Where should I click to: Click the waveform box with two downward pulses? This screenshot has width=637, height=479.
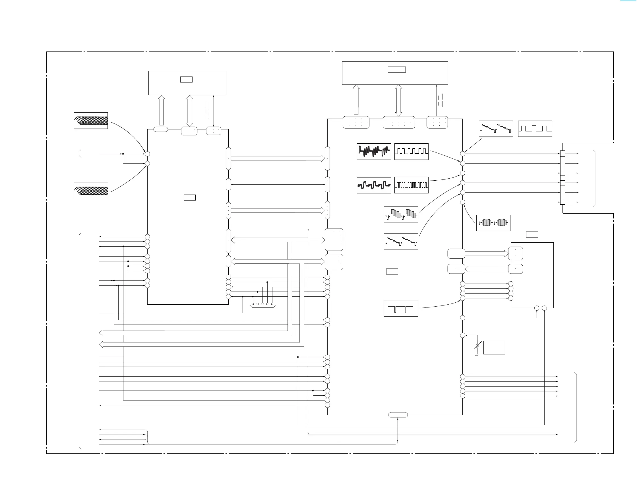tap(401, 308)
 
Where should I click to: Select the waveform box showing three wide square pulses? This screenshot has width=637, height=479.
tap(535, 129)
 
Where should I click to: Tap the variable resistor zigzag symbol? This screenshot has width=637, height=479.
tap(477, 345)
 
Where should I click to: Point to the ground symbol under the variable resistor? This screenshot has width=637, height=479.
tap(477, 354)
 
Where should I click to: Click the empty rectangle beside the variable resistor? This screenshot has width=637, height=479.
tap(494, 347)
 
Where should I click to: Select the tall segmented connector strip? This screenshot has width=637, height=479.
tap(562, 177)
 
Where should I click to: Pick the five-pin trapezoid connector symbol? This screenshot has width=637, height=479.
tap(262, 305)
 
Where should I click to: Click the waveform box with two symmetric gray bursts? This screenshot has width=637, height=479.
tap(493, 223)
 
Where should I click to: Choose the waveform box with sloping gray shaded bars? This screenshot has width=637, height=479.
tap(401, 214)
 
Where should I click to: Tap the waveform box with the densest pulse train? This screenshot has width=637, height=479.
tap(411, 185)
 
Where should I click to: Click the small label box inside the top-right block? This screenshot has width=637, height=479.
tap(396, 69)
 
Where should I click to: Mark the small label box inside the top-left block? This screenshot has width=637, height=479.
tap(186, 79)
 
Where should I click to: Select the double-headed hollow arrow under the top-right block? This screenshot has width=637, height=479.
tap(399, 100)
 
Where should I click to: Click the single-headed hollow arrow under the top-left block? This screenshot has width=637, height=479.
tap(162, 111)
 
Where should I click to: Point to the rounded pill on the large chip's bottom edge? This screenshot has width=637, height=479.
tap(398, 415)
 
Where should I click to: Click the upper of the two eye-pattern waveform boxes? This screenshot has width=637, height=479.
tap(91, 120)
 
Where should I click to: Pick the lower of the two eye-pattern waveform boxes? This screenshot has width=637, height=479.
tap(91, 191)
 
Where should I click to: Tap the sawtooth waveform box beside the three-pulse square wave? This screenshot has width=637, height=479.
tap(496, 129)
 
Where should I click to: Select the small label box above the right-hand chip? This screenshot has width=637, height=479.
tap(532, 234)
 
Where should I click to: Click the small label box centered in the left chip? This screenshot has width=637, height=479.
tap(189, 197)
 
